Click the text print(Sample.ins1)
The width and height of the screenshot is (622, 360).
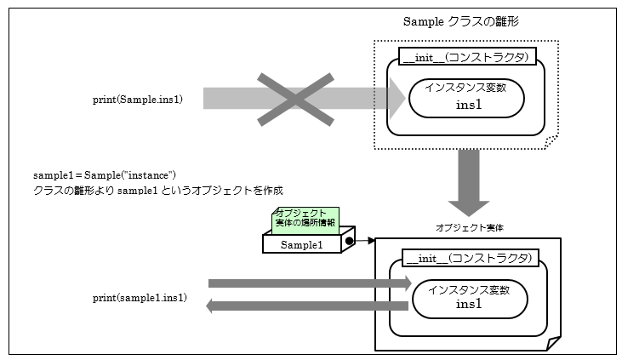149,100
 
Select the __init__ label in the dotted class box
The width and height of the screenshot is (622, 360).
468,58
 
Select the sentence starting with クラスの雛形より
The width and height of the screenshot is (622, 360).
157,190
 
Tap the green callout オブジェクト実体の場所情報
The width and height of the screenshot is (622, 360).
305,218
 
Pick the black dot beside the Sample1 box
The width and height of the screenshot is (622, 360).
349,243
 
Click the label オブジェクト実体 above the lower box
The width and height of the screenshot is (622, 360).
469,228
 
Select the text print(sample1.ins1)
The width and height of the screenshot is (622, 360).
140,298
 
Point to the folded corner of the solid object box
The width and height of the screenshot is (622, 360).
553,343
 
